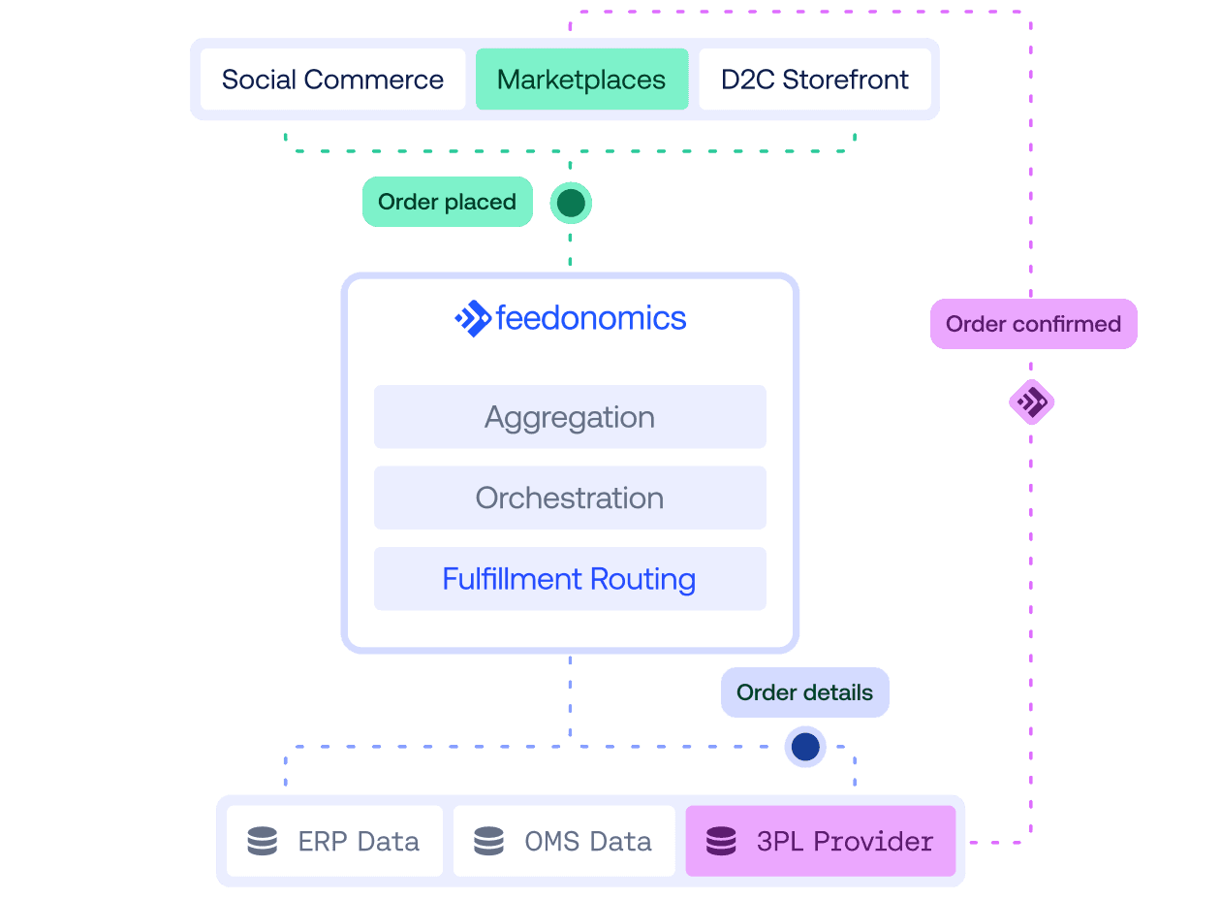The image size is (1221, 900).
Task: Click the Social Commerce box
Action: [x=332, y=80]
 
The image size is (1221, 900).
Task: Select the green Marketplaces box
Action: [x=581, y=80]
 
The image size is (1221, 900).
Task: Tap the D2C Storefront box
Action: [x=814, y=80]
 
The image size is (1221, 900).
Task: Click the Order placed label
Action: [x=447, y=202]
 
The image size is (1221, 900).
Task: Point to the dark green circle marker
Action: [x=571, y=203]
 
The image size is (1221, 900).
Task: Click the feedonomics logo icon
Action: [x=473, y=318]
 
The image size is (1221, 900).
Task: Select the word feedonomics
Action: [x=591, y=318]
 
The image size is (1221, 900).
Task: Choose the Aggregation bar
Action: [x=570, y=417]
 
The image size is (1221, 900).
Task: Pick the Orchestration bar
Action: [x=570, y=498]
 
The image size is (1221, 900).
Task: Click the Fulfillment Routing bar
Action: [x=570, y=579]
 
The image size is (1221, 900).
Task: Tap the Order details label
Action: [x=804, y=692]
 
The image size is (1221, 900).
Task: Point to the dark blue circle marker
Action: [x=805, y=747]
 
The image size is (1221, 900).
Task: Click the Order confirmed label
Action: [x=1033, y=324]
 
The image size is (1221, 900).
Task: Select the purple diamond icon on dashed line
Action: [x=1031, y=402]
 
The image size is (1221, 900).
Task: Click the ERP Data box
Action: [x=334, y=841]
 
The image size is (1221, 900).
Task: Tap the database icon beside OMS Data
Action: [x=488, y=841]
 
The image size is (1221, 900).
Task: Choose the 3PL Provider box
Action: [x=820, y=841]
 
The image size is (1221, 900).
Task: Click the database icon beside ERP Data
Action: [x=263, y=841]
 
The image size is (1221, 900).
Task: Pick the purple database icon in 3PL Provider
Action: [x=721, y=841]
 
